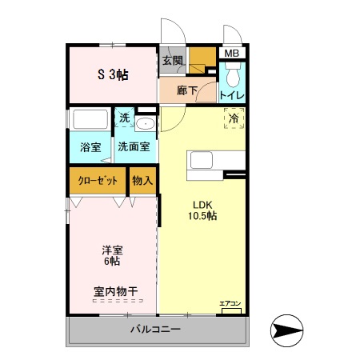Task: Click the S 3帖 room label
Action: [x=113, y=75]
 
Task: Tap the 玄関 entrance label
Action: [x=172, y=60]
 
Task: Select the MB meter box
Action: [x=231, y=54]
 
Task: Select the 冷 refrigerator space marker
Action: [x=234, y=119]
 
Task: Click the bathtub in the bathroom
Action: [x=90, y=121]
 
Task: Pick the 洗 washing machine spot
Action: [x=124, y=118]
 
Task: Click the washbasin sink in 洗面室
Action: [x=146, y=124]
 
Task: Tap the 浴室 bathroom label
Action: [x=90, y=147]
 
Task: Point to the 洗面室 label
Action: [x=134, y=147]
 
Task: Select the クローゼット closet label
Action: [x=98, y=181]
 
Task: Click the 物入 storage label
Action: [x=142, y=181]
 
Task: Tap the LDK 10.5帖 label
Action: [x=202, y=210]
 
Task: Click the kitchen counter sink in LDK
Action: [x=204, y=161]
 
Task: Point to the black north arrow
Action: [x=289, y=329]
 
